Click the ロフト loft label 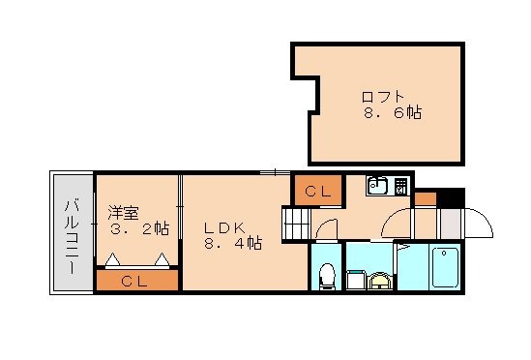pos(382,97)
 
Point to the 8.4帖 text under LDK pos(233,244)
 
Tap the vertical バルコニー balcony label pos(72,234)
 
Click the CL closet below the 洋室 pos(137,281)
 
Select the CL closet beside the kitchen pos(316,190)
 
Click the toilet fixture pos(328,274)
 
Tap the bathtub pos(444,268)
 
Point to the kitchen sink pos(375,186)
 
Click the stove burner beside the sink pos(399,186)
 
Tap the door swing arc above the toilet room pos(328,230)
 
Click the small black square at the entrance pos(453,197)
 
